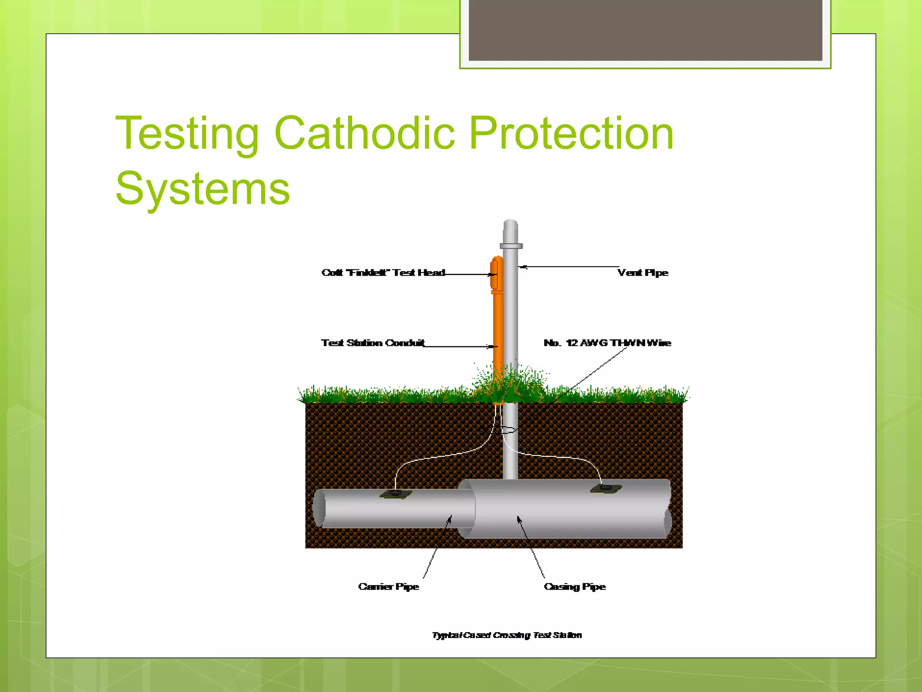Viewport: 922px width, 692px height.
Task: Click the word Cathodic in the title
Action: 364,133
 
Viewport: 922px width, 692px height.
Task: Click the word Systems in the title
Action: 203,189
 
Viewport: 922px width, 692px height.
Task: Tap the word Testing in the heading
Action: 187,134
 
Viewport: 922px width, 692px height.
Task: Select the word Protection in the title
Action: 571,133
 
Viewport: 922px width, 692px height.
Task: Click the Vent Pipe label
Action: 642,273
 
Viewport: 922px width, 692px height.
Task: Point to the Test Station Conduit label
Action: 373,343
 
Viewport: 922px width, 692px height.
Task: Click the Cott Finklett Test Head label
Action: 383,273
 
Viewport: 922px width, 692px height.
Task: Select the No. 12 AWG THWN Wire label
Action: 607,343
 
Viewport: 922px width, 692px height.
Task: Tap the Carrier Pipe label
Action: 389,587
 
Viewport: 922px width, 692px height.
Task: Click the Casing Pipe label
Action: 574,587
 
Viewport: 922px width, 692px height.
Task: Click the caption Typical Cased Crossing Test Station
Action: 507,635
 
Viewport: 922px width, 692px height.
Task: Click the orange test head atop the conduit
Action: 496,274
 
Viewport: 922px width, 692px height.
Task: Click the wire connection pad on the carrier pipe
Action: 395,494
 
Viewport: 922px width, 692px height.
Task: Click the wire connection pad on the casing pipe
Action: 606,488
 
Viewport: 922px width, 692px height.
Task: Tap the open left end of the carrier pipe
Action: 319,508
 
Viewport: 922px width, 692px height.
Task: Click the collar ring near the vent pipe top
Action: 511,246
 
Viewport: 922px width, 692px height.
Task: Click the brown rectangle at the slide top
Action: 645,30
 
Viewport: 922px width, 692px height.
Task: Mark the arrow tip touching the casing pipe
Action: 519,518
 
